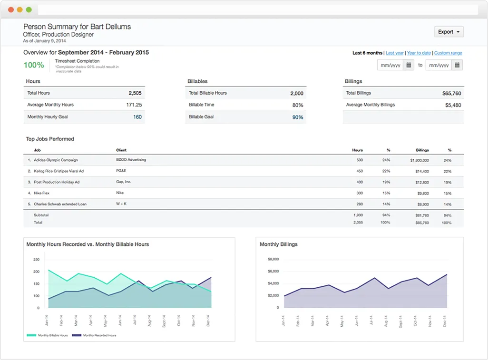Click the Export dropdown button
tap(449, 32)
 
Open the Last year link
tap(394, 53)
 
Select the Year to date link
tap(419, 53)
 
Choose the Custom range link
tap(448, 53)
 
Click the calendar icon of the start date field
tap(409, 65)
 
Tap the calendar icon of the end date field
tap(457, 65)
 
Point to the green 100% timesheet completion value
tap(34, 65)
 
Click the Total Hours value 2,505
tap(135, 93)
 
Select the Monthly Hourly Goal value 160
tap(137, 117)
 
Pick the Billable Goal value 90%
tap(298, 117)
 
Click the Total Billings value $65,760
tap(451, 93)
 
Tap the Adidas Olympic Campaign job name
tap(56, 160)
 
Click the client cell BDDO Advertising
tap(131, 160)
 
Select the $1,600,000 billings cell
tap(419, 160)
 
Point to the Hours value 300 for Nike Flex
tap(359, 193)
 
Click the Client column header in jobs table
tap(121, 150)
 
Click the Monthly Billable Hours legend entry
tap(47, 335)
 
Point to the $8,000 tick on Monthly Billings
tap(273, 259)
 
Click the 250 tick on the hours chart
tap(36, 260)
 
